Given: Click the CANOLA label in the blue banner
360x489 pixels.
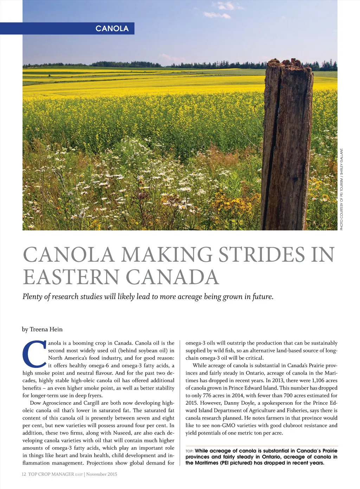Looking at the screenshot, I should coord(112,28).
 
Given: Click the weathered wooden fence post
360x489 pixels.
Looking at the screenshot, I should coord(287,144).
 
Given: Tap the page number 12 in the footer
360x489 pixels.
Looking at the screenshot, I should coord(24,474).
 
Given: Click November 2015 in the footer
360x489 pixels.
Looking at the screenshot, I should coord(102,474).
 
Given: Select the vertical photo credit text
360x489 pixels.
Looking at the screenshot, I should coord(341,190).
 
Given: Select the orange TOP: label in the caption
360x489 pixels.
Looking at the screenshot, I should coord(189,451).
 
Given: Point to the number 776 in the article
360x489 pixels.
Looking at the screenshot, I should coord(207,396).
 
